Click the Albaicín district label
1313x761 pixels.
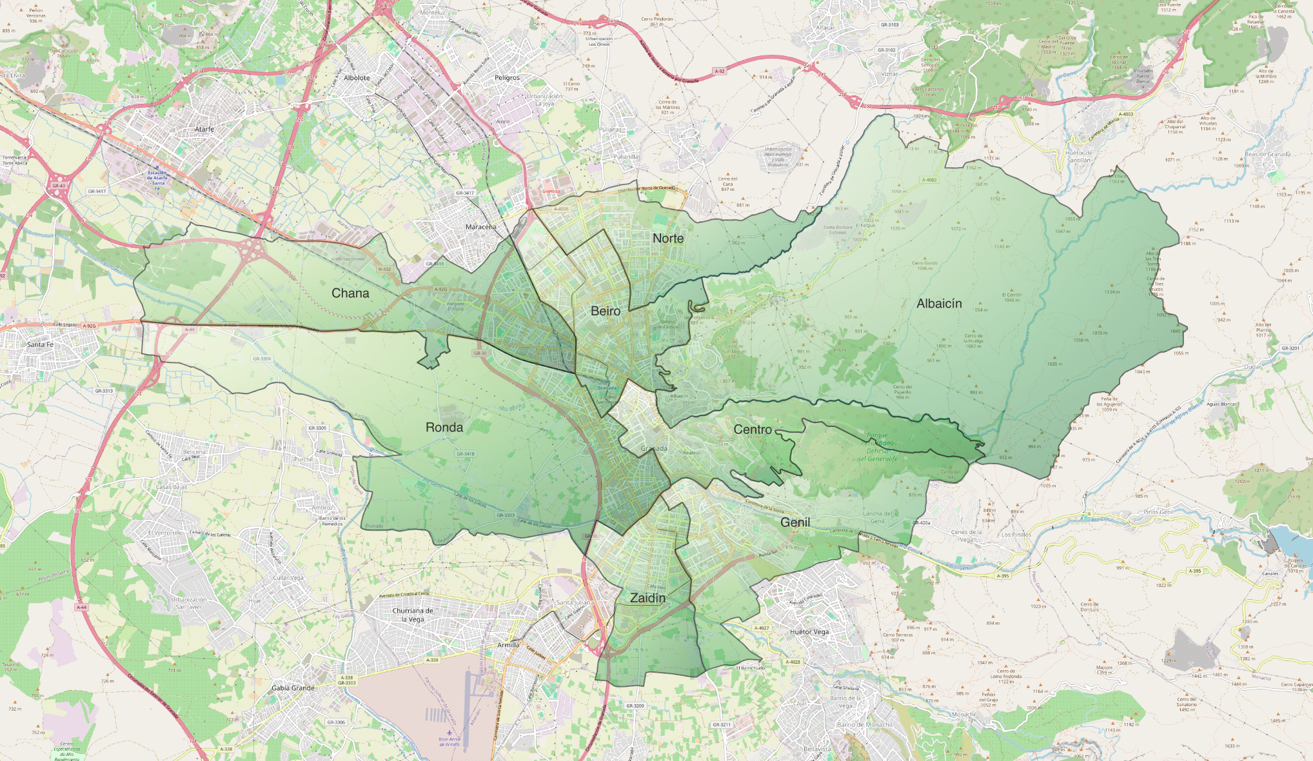939,304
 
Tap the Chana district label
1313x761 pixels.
350,293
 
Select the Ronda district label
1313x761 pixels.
444,428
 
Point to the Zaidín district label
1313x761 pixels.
647,598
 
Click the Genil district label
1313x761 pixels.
795,522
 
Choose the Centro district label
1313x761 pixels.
753,430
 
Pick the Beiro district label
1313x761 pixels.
606,311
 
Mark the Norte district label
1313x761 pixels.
668,239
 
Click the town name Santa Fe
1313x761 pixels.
41,344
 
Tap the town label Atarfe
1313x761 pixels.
204,129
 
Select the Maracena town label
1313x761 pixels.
481,227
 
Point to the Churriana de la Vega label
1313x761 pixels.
413,615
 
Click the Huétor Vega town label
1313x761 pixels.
809,632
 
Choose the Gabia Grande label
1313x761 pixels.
293,688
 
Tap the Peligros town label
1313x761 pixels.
507,77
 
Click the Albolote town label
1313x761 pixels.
357,77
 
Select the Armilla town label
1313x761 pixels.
508,645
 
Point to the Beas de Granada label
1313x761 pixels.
1267,154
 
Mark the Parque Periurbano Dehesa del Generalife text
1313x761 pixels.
877,447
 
